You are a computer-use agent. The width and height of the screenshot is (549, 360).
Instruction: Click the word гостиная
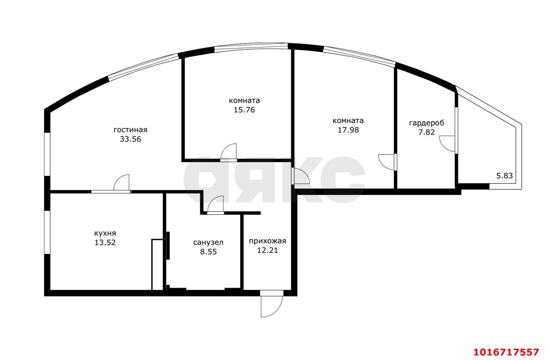pos(130,130)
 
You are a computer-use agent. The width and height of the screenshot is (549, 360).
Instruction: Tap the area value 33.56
pos(130,139)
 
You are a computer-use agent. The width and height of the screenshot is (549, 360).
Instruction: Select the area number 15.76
pos(244,110)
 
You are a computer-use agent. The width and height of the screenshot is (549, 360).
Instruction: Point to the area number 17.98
pos(348,130)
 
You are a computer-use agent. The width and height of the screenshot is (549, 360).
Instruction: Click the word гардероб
pos(426,123)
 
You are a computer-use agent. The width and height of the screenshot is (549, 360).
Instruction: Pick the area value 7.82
pos(426,133)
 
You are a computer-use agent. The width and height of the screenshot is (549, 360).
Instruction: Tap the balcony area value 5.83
pos(504,176)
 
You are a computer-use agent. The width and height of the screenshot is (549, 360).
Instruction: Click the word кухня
pos(105,233)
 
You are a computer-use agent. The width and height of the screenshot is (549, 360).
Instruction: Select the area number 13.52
pos(105,242)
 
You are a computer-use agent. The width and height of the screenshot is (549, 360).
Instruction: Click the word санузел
pos(208,242)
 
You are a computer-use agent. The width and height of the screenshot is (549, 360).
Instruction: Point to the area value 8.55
pos(208,252)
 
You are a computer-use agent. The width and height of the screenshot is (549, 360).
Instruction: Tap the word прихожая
pos(267,241)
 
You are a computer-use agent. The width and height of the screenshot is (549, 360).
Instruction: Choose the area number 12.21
pos(267,251)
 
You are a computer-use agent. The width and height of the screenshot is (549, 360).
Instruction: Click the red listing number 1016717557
pos(507,352)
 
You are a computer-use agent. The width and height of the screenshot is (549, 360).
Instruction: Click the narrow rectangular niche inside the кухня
pos(157,264)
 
